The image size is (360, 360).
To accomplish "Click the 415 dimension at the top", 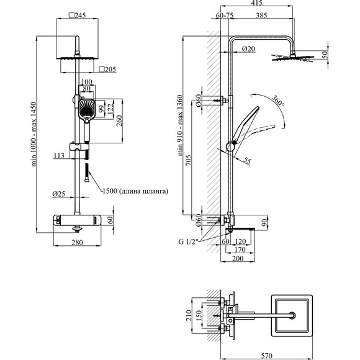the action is [257, 2].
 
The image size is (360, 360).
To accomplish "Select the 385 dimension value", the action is [262, 16].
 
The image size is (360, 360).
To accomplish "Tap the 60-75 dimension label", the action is [225, 16].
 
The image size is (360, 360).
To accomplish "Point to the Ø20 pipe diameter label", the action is [248, 48].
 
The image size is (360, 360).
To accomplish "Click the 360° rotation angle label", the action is [278, 101].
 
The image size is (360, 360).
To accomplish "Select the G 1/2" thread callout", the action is [188, 242].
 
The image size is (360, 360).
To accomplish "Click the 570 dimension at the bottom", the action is [266, 356].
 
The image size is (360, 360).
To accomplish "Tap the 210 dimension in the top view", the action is [189, 315].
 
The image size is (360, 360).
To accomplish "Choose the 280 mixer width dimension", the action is [77, 242].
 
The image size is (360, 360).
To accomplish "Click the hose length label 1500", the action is [110, 191].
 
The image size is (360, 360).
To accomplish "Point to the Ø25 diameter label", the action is [59, 194].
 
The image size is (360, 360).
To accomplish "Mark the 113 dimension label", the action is [59, 156].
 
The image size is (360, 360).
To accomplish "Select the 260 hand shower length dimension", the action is [119, 121].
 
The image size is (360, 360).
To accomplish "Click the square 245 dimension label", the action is [78, 16].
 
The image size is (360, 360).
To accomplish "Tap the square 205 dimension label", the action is [107, 69].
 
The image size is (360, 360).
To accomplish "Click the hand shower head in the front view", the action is [87, 109].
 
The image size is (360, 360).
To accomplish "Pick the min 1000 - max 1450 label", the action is [34, 134].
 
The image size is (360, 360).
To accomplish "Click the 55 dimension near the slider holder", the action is [247, 161].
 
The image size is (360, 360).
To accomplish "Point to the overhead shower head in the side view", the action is [293, 58].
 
